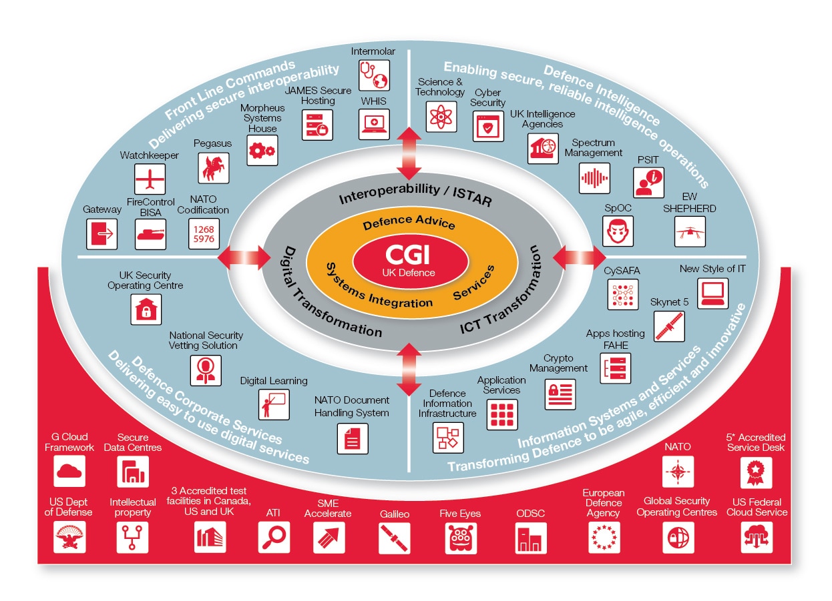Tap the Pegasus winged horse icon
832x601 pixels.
click(214, 168)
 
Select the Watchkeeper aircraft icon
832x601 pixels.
click(150, 179)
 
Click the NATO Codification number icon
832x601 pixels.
click(203, 234)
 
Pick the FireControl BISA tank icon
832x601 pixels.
click(150, 234)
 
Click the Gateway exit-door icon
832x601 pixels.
click(102, 234)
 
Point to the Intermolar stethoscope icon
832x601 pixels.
click(374, 75)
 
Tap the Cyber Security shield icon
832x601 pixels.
click(489, 125)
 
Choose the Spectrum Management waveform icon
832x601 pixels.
click(594, 177)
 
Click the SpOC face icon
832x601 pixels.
click(618, 231)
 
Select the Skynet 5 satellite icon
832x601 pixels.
click(669, 326)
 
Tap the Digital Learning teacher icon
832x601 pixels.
click(274, 404)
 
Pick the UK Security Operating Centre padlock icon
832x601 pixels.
click(146, 309)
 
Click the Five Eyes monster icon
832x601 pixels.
click(460, 538)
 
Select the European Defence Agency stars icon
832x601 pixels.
click(604, 538)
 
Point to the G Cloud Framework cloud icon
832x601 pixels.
click(69, 472)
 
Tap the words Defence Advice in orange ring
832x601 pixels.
click(409, 223)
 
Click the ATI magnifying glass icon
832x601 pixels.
click(274, 538)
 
